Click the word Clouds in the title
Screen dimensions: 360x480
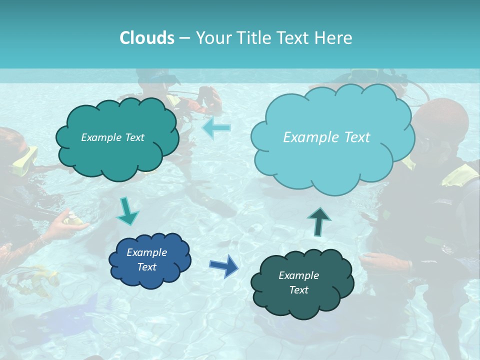(146, 38)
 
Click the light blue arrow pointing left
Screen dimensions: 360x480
(216, 128)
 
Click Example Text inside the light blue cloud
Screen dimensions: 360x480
(326, 137)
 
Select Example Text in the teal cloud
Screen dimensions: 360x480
(112, 137)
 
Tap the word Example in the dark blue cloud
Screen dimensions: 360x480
(146, 252)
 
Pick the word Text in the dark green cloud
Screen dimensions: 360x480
(298, 290)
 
